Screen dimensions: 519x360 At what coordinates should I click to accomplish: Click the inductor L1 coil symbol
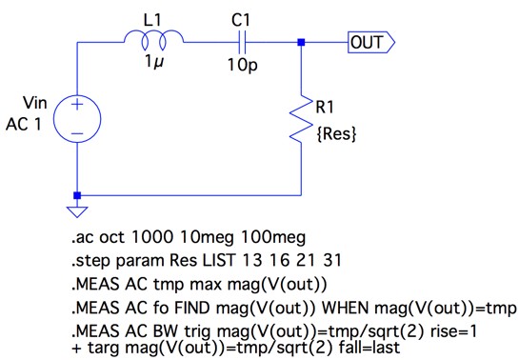click(x=153, y=36)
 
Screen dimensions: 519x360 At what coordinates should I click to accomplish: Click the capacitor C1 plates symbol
click(x=242, y=42)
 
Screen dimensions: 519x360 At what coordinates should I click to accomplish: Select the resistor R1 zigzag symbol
click(x=301, y=119)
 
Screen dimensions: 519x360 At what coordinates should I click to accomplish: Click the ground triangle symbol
click(x=77, y=211)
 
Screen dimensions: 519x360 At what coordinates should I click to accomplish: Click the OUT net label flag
click(x=371, y=42)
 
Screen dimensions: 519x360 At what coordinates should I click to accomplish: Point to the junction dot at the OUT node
click(x=301, y=42)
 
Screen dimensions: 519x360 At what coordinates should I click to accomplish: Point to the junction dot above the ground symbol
click(x=77, y=195)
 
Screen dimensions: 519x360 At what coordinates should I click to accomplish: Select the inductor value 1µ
click(x=154, y=62)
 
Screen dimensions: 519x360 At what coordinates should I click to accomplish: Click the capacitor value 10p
click(x=242, y=65)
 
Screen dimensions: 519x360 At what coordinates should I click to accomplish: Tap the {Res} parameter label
click(x=336, y=134)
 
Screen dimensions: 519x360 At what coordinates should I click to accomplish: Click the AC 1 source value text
click(x=24, y=125)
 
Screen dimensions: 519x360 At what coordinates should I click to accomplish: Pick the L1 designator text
click(x=152, y=21)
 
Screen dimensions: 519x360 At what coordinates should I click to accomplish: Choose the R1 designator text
click(x=325, y=108)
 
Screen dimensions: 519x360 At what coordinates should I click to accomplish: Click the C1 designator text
click(x=241, y=21)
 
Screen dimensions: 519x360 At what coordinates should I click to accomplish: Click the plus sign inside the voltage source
click(x=77, y=105)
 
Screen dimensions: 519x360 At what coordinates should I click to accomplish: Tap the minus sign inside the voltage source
click(x=77, y=133)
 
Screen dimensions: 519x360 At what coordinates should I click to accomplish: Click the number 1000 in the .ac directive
click(x=152, y=237)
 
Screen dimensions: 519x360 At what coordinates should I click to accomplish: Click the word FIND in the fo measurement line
click(x=192, y=308)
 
